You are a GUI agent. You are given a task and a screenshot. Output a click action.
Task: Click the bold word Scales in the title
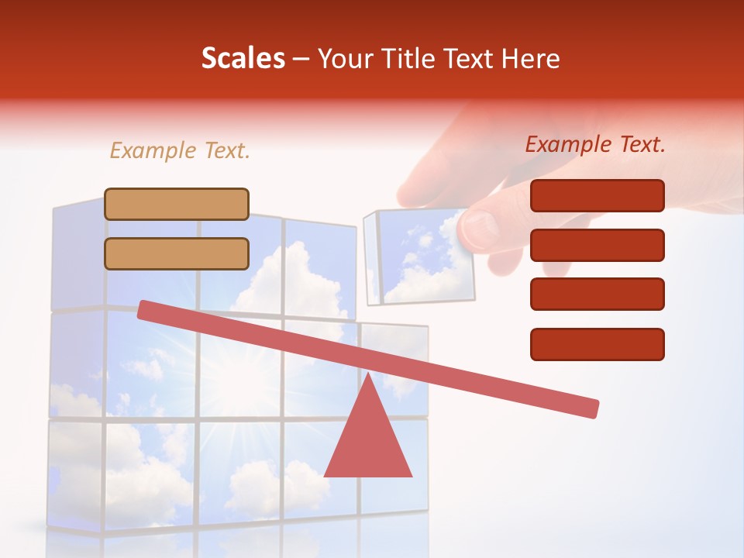tap(243, 59)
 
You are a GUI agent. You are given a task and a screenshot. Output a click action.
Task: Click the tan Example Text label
tap(180, 151)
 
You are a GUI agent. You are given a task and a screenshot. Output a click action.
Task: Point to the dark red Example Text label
tap(595, 144)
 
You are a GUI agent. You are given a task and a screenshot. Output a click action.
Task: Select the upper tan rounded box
tap(177, 204)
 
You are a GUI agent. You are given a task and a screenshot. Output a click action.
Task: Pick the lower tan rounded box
tap(177, 253)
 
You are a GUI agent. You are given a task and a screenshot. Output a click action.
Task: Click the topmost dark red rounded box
tap(597, 195)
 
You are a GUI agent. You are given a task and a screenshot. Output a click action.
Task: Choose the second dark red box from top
tap(597, 245)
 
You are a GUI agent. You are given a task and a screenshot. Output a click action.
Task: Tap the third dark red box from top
tap(597, 294)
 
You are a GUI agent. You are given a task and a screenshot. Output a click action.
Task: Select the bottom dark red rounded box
tap(597, 344)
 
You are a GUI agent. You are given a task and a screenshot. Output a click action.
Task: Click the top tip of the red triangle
tap(368, 375)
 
